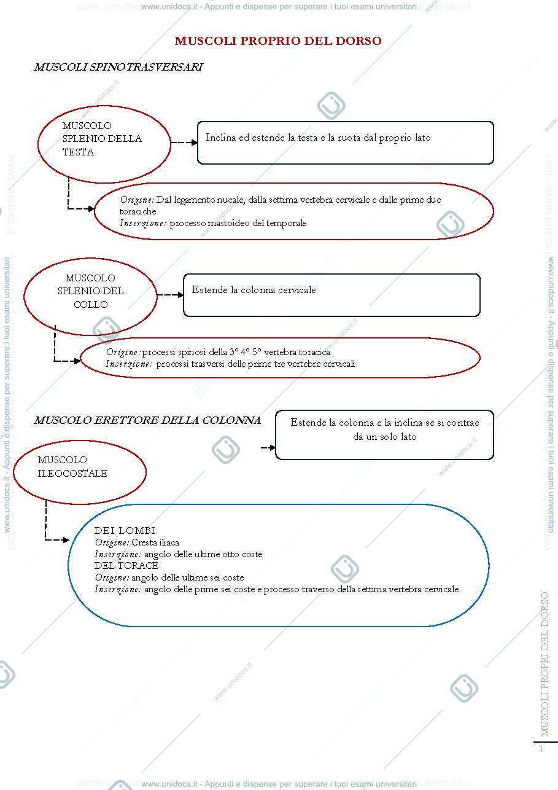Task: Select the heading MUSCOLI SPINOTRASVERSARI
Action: point(118,67)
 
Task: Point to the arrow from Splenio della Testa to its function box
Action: point(184,143)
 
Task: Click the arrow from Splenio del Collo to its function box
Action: point(170,295)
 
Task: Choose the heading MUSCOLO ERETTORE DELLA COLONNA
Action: point(147,420)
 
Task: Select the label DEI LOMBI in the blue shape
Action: point(125,530)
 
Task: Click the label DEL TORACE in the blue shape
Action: point(126,565)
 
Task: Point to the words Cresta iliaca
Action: point(155,542)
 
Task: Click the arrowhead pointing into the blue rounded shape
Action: point(66,540)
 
